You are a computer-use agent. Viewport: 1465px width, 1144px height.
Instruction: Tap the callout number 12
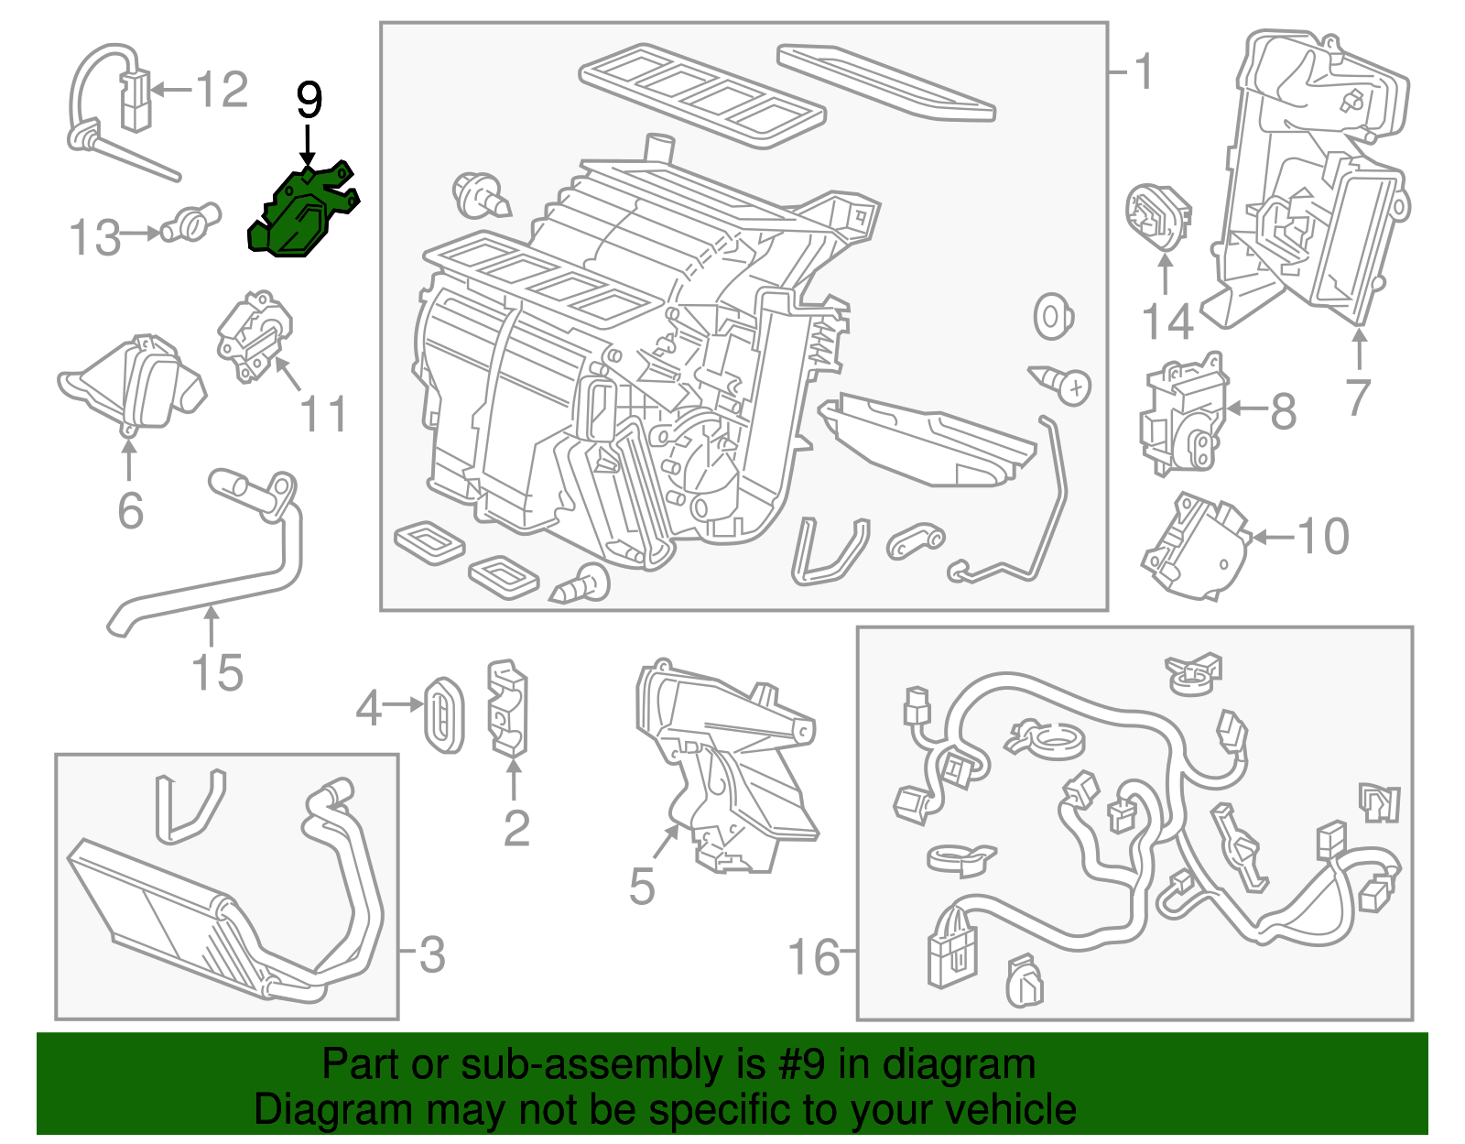(x=222, y=90)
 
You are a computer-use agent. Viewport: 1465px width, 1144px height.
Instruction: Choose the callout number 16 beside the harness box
(x=813, y=956)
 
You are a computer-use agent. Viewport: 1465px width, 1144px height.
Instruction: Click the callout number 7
(x=1358, y=397)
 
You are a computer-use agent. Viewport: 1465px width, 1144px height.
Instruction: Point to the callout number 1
(x=1144, y=71)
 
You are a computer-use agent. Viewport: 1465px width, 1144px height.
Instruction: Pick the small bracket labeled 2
(x=506, y=709)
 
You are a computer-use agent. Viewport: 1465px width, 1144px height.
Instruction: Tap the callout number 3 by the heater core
(x=431, y=955)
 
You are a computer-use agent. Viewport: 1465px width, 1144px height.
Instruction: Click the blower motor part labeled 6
(x=133, y=385)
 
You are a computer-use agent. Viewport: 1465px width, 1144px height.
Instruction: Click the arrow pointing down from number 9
(x=309, y=147)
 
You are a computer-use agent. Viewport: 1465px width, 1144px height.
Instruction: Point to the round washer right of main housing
(x=1053, y=317)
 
